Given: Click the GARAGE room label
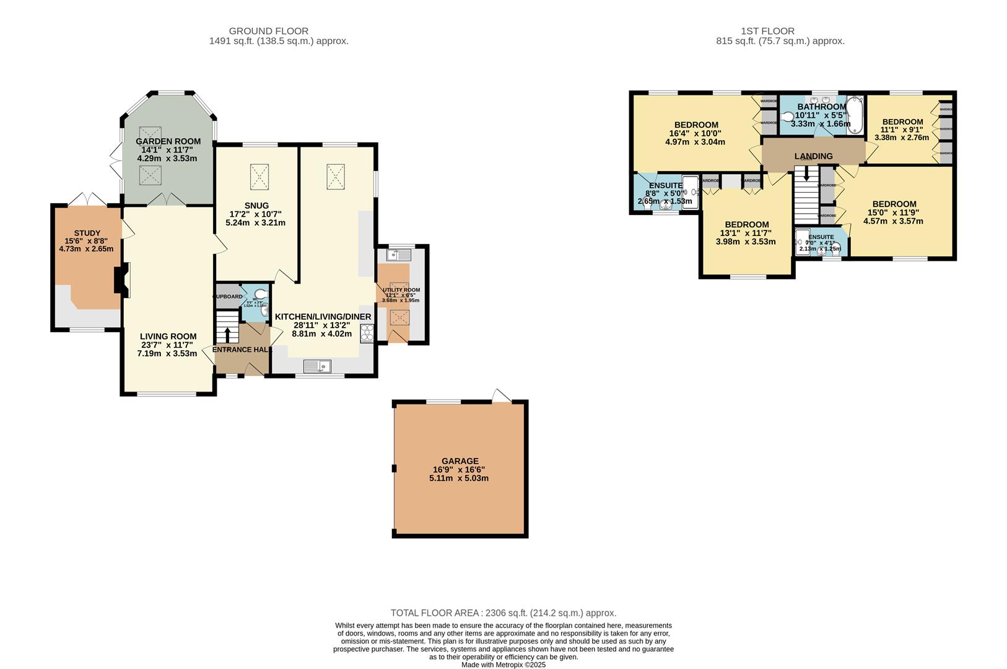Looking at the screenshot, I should [460, 461].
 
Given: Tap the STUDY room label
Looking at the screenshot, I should [87, 233].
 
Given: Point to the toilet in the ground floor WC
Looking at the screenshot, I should [262, 294].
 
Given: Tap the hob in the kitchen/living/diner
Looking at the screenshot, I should [366, 333].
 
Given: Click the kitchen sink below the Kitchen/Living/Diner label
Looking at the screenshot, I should [317, 367].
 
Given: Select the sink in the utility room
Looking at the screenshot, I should [400, 255].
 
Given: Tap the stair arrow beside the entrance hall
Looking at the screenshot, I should [227, 334].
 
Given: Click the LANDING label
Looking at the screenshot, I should [813, 156].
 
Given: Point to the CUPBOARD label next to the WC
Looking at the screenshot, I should [227, 297].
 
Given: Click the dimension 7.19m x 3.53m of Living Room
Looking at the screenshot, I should [167, 354].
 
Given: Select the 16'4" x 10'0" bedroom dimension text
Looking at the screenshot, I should [695, 133].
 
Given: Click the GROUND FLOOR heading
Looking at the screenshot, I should [268, 31].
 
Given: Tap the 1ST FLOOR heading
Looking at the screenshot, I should [767, 31].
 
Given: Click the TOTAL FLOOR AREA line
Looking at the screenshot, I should [504, 613].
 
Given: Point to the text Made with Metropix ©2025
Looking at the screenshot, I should [504, 665].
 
